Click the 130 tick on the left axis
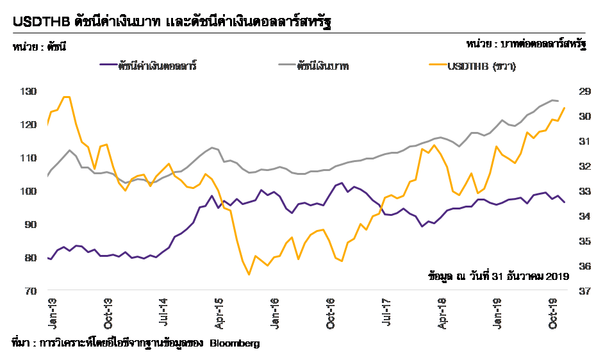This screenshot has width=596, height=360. (x=29, y=92)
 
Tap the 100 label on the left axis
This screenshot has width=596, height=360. (x=29, y=192)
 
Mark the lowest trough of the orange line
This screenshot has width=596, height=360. (x=249, y=274)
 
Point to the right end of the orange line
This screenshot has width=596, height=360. (x=565, y=108)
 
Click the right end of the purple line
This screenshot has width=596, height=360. (x=565, y=202)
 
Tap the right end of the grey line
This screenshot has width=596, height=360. (x=558, y=101)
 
